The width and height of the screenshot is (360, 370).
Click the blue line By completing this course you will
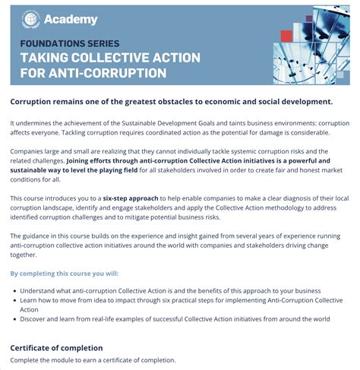tap(65, 272)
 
